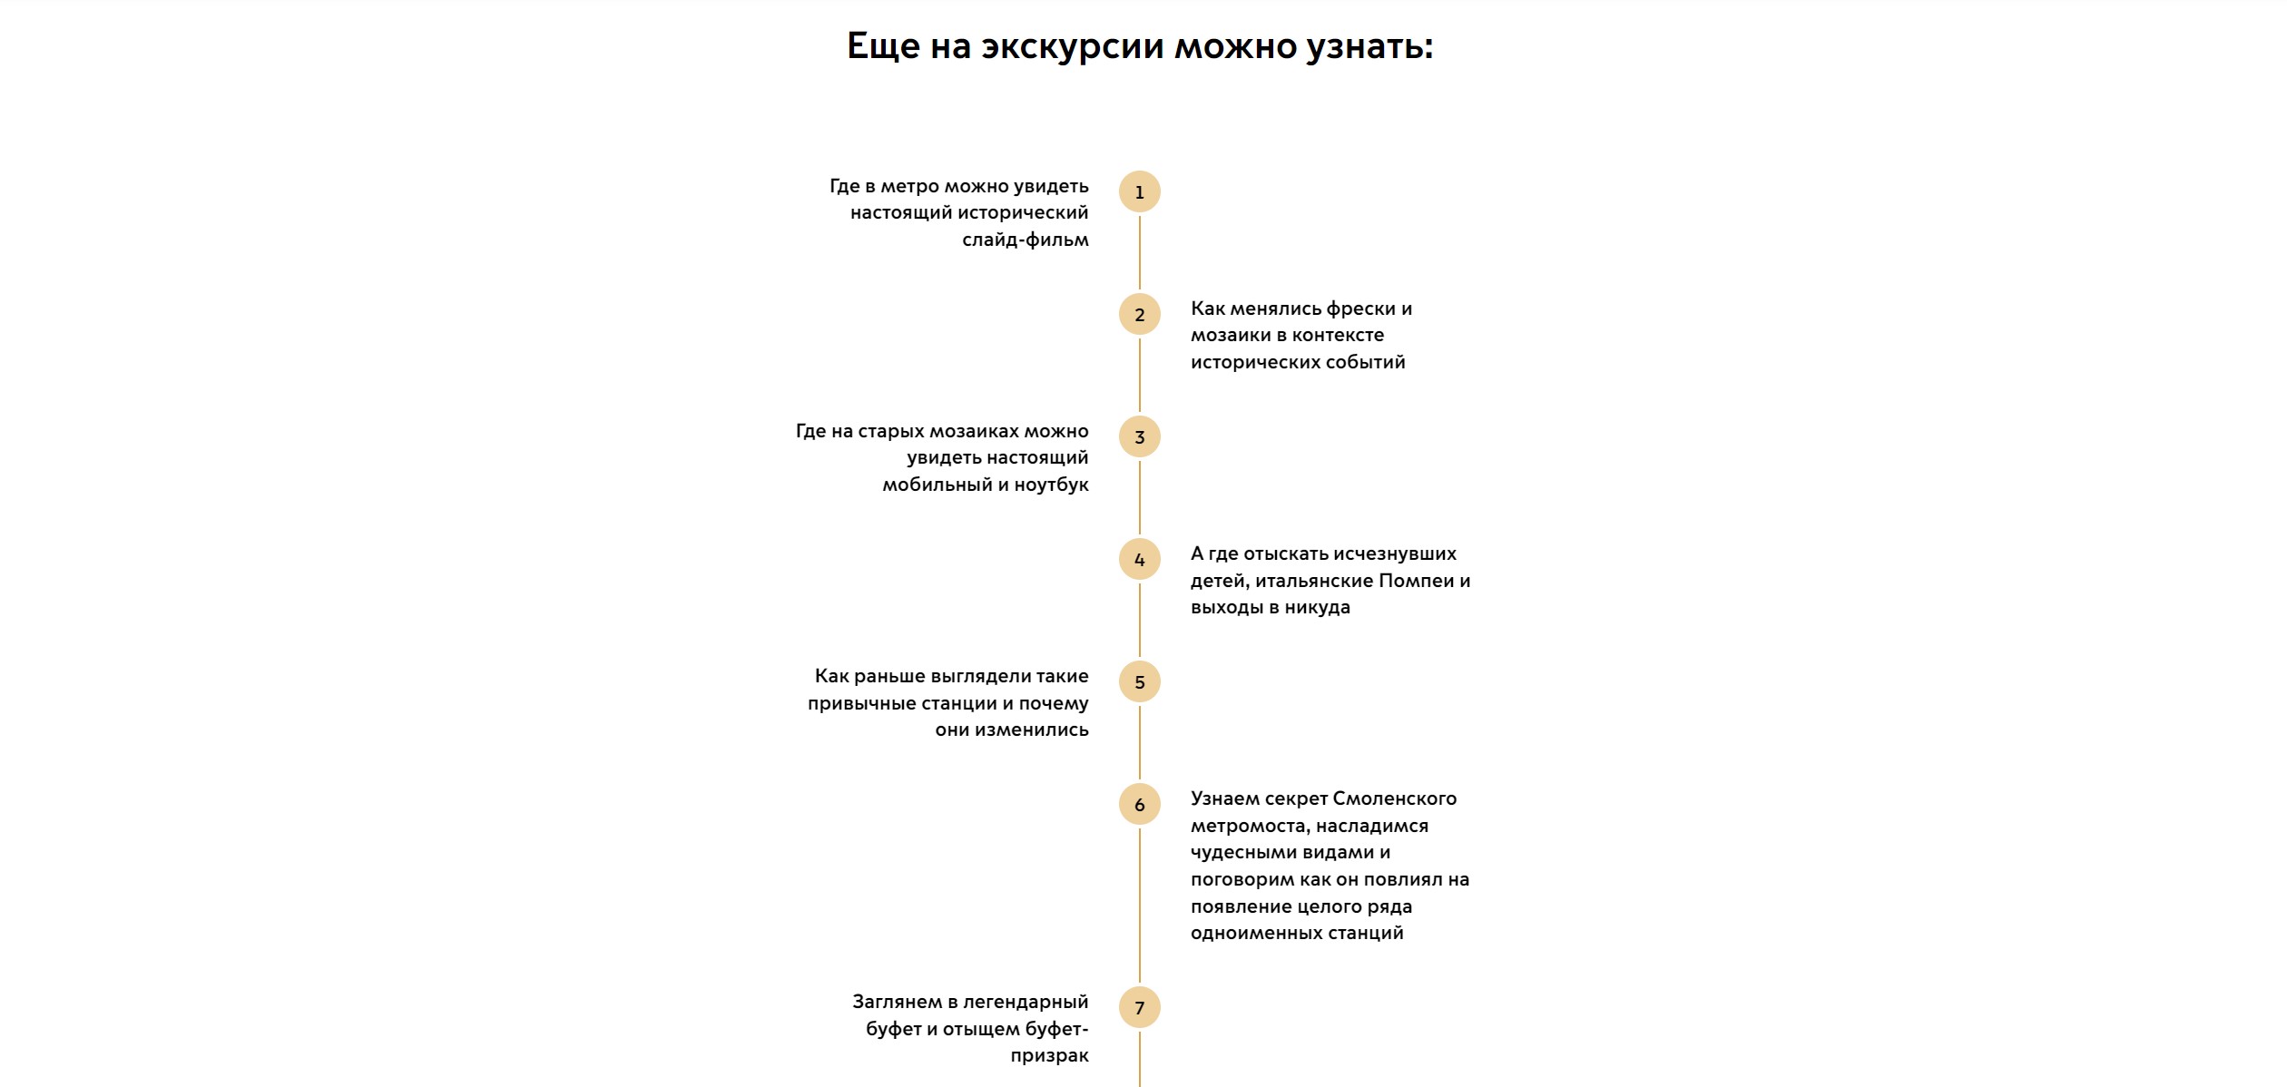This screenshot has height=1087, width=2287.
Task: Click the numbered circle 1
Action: coord(1140,191)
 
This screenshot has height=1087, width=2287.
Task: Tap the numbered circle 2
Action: coord(1140,314)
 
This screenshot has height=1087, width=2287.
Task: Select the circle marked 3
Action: coord(1140,436)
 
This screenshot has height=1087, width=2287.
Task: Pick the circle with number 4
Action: coord(1140,559)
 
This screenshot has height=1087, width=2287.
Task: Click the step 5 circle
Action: coord(1140,681)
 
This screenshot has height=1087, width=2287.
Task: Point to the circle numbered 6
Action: coord(1140,804)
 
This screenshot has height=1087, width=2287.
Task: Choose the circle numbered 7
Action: coord(1140,1007)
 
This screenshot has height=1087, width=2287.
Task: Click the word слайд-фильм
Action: coord(1026,240)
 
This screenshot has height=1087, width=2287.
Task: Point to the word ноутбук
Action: coord(1051,485)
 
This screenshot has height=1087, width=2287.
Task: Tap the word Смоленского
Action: coord(1395,798)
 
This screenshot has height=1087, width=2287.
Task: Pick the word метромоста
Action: coord(1251,827)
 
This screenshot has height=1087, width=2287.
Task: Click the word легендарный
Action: coord(1026,1003)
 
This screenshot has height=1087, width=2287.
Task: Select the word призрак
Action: coord(1050,1056)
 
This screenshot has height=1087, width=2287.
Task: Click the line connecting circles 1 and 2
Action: coord(1140,252)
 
